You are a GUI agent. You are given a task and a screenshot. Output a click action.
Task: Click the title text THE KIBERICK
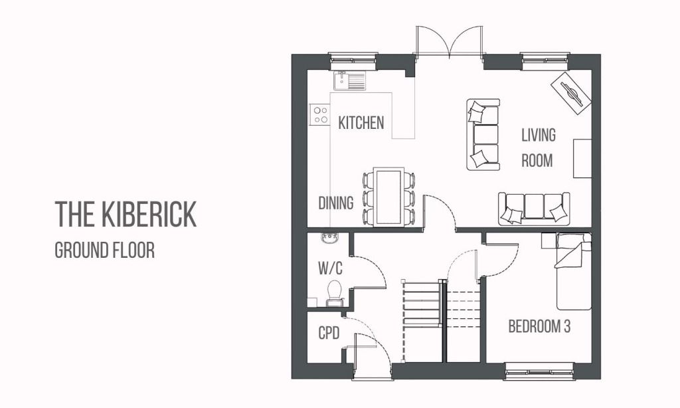click(x=126, y=214)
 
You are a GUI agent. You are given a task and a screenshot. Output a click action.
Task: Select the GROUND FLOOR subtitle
click(x=104, y=251)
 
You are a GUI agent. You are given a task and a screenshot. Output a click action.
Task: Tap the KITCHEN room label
click(x=361, y=123)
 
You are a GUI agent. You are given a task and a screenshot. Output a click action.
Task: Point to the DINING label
click(x=336, y=203)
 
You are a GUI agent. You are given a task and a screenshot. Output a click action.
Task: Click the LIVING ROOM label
click(x=538, y=148)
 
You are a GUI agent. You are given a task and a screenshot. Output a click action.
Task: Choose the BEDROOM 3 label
click(x=539, y=326)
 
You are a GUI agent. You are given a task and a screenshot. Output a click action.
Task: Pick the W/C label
click(x=330, y=269)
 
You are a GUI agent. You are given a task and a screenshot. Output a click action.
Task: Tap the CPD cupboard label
click(x=329, y=333)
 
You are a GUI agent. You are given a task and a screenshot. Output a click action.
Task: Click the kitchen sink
click(x=350, y=81)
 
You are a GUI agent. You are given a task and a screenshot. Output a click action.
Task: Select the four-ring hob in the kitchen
click(x=321, y=115)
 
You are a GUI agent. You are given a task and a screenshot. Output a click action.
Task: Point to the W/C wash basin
click(x=329, y=239)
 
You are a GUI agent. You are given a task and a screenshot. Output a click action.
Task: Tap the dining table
click(x=388, y=197)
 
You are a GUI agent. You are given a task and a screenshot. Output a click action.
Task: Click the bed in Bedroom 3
click(x=573, y=271)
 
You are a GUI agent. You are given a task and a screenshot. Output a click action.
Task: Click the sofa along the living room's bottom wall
click(x=534, y=209)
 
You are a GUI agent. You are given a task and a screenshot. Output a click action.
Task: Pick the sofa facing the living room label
click(x=483, y=135)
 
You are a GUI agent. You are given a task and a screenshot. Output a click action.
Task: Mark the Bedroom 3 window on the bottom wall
click(x=539, y=370)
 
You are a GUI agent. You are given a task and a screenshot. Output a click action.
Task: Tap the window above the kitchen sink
click(x=353, y=60)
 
